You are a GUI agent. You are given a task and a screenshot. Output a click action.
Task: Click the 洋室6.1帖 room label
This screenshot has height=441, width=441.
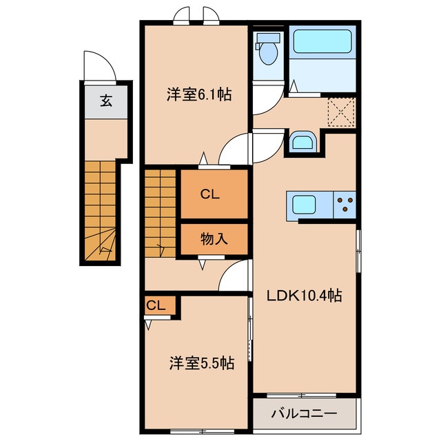coord(198,96)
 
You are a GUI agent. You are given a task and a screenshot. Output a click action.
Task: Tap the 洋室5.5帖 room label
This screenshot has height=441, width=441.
coord(202,363)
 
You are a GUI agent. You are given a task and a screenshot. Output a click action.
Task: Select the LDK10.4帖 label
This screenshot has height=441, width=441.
coord(305,296)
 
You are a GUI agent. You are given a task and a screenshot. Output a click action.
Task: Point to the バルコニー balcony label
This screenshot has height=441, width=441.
coord(303,414)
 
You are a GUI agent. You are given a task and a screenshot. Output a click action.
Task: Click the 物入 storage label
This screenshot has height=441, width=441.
coord(214,239)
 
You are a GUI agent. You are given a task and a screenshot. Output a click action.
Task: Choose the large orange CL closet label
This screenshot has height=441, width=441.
coord(209,195)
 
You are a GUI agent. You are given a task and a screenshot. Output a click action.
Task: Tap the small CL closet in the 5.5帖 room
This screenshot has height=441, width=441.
coord(156,305)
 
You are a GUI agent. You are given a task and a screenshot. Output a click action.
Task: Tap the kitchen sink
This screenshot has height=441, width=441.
coord(305,205)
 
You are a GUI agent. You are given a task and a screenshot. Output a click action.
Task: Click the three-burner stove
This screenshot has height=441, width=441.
coord(345,204)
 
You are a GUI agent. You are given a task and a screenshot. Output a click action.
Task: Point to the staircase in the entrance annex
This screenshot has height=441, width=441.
coord(101,210)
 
